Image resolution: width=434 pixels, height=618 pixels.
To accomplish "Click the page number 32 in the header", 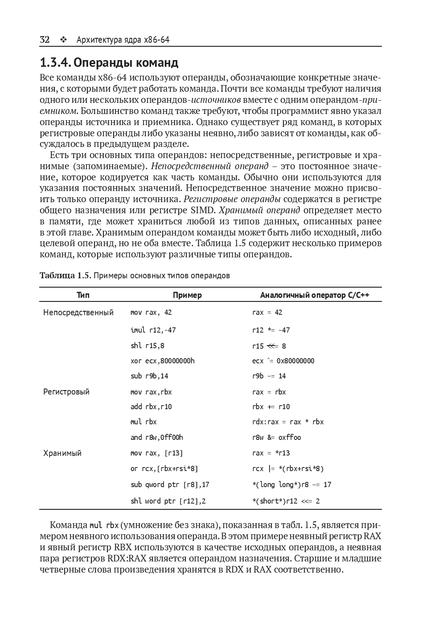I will [x=45, y=40].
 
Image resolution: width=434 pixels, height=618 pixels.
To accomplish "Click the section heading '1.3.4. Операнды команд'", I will [x=109, y=62].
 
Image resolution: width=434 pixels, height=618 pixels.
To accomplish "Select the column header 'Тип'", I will [x=83, y=295].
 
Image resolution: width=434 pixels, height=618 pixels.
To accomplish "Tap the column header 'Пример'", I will [x=187, y=295].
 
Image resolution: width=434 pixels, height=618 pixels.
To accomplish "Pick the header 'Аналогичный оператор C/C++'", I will [x=315, y=295].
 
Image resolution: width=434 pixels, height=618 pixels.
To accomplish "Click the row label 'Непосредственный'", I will [x=78, y=313].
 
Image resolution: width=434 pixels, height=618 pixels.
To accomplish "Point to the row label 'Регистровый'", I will [x=66, y=392].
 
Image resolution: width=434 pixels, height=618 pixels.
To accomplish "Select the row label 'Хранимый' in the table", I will [x=62, y=453].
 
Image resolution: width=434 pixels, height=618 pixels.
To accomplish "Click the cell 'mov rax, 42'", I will [x=151, y=313].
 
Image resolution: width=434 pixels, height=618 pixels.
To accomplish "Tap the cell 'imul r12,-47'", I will [x=153, y=330].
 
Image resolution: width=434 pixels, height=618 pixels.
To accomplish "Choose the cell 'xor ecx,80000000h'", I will [x=162, y=361].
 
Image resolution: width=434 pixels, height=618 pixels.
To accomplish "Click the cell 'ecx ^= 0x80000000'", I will [x=283, y=361].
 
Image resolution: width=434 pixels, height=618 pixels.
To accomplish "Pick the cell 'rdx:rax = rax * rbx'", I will [x=288, y=422].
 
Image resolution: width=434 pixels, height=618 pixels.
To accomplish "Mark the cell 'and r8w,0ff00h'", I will [x=156, y=437].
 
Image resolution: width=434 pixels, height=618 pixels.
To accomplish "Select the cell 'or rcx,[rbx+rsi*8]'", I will [x=164, y=468].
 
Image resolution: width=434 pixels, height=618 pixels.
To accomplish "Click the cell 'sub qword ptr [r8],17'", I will [x=170, y=484].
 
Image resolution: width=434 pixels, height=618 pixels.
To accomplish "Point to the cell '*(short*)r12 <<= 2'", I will [x=286, y=501].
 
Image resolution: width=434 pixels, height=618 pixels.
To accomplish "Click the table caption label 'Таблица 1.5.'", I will [x=66, y=275].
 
